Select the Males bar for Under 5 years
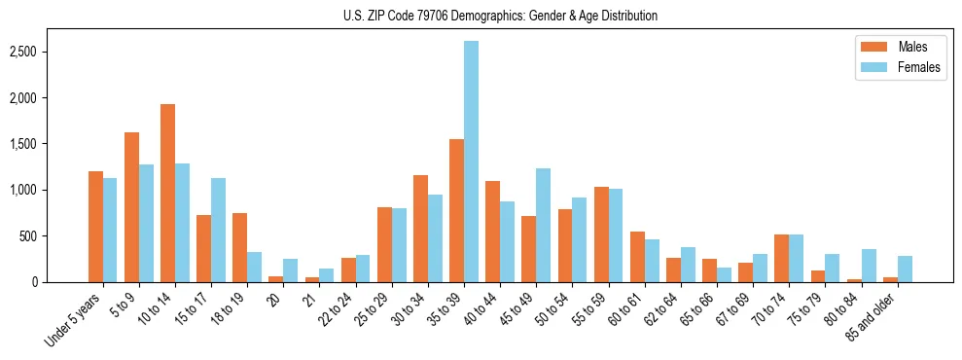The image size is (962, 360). pos(95,227)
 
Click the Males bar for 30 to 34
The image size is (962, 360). pos(420,229)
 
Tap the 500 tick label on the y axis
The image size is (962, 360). pos(55,236)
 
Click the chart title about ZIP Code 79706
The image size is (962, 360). pos(500,16)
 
